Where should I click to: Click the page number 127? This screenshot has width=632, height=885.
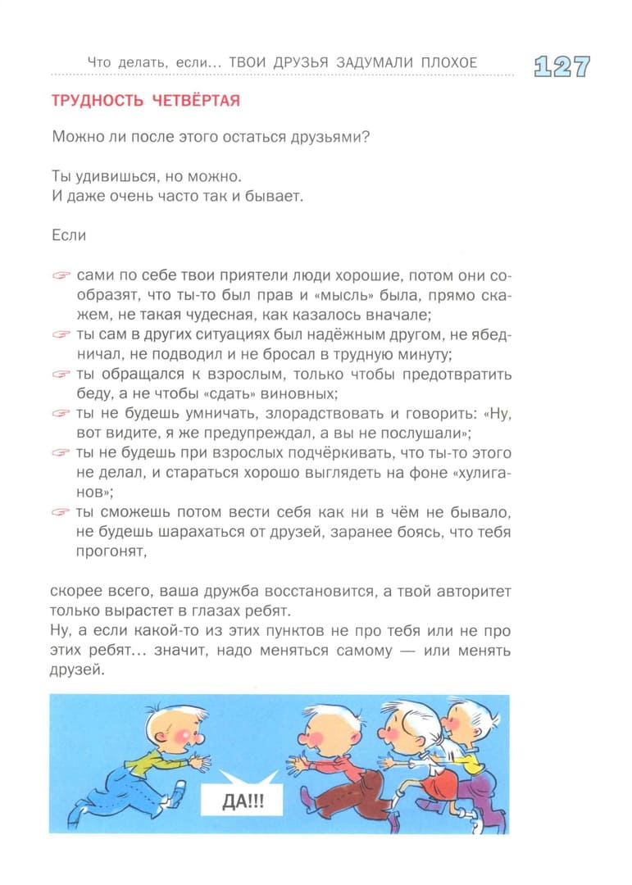point(562,66)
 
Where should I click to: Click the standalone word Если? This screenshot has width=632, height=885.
point(69,235)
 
